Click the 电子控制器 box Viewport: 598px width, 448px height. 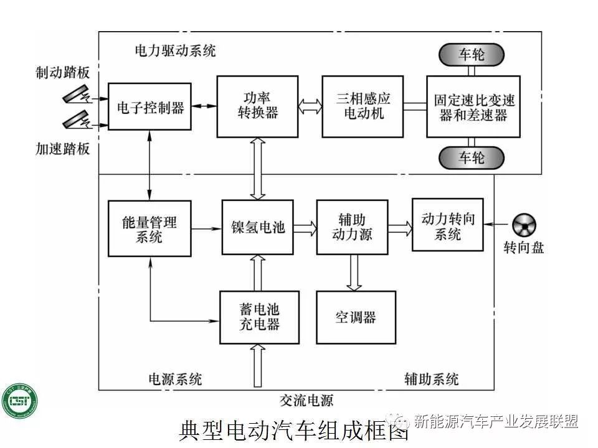coord(149,106)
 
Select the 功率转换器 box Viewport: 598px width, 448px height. coord(257,106)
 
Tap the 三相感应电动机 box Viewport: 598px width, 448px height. coord(363,106)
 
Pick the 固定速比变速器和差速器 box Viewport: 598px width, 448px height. coord(473,106)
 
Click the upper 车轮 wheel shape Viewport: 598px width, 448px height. coord(472,55)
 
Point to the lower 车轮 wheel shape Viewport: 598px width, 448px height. coord(472,157)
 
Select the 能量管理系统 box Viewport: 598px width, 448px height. coord(149,228)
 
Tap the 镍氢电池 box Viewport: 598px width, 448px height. coord(257,227)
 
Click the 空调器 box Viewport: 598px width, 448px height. coord(355,317)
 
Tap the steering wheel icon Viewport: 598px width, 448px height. coord(524,225)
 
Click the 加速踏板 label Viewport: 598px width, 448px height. coord(62,149)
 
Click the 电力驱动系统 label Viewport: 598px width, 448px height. coord(175,50)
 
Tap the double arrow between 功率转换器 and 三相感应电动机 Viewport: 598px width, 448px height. coord(310,106)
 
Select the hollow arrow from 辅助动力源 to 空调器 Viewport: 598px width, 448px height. coord(354,272)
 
